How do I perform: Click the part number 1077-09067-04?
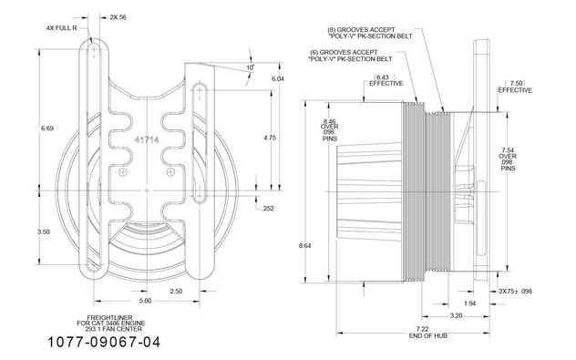point(104,343)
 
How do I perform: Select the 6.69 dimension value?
point(47,129)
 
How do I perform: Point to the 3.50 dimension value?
point(44,231)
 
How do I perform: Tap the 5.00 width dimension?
point(145,301)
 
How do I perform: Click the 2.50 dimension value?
point(176,292)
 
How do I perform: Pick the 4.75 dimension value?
point(270,138)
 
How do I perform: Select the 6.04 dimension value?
point(278,78)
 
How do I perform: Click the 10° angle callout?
point(250,67)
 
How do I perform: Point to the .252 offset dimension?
point(268,209)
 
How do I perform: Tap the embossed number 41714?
point(147,140)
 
